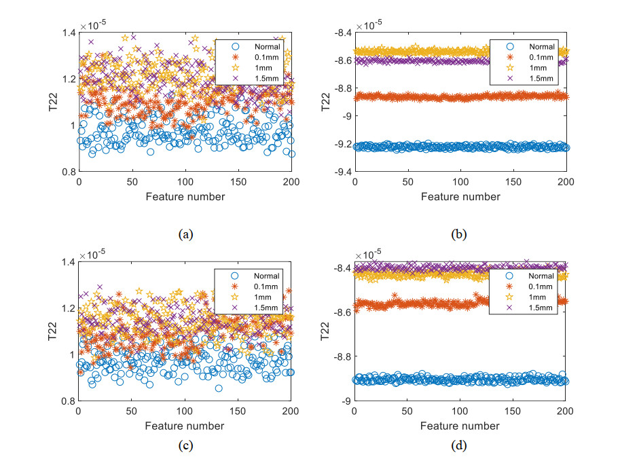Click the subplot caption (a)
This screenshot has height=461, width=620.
pos(185,235)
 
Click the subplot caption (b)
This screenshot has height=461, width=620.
pos(460,235)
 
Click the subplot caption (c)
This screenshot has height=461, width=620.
pos(185,446)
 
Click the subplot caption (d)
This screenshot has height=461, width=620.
pos(460,446)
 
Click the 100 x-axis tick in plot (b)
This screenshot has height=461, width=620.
pos(460,183)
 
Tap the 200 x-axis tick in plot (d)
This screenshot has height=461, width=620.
pos(566,412)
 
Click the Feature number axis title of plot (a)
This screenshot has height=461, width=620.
pos(185,197)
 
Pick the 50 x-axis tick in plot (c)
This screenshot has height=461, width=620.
pos(132,412)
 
